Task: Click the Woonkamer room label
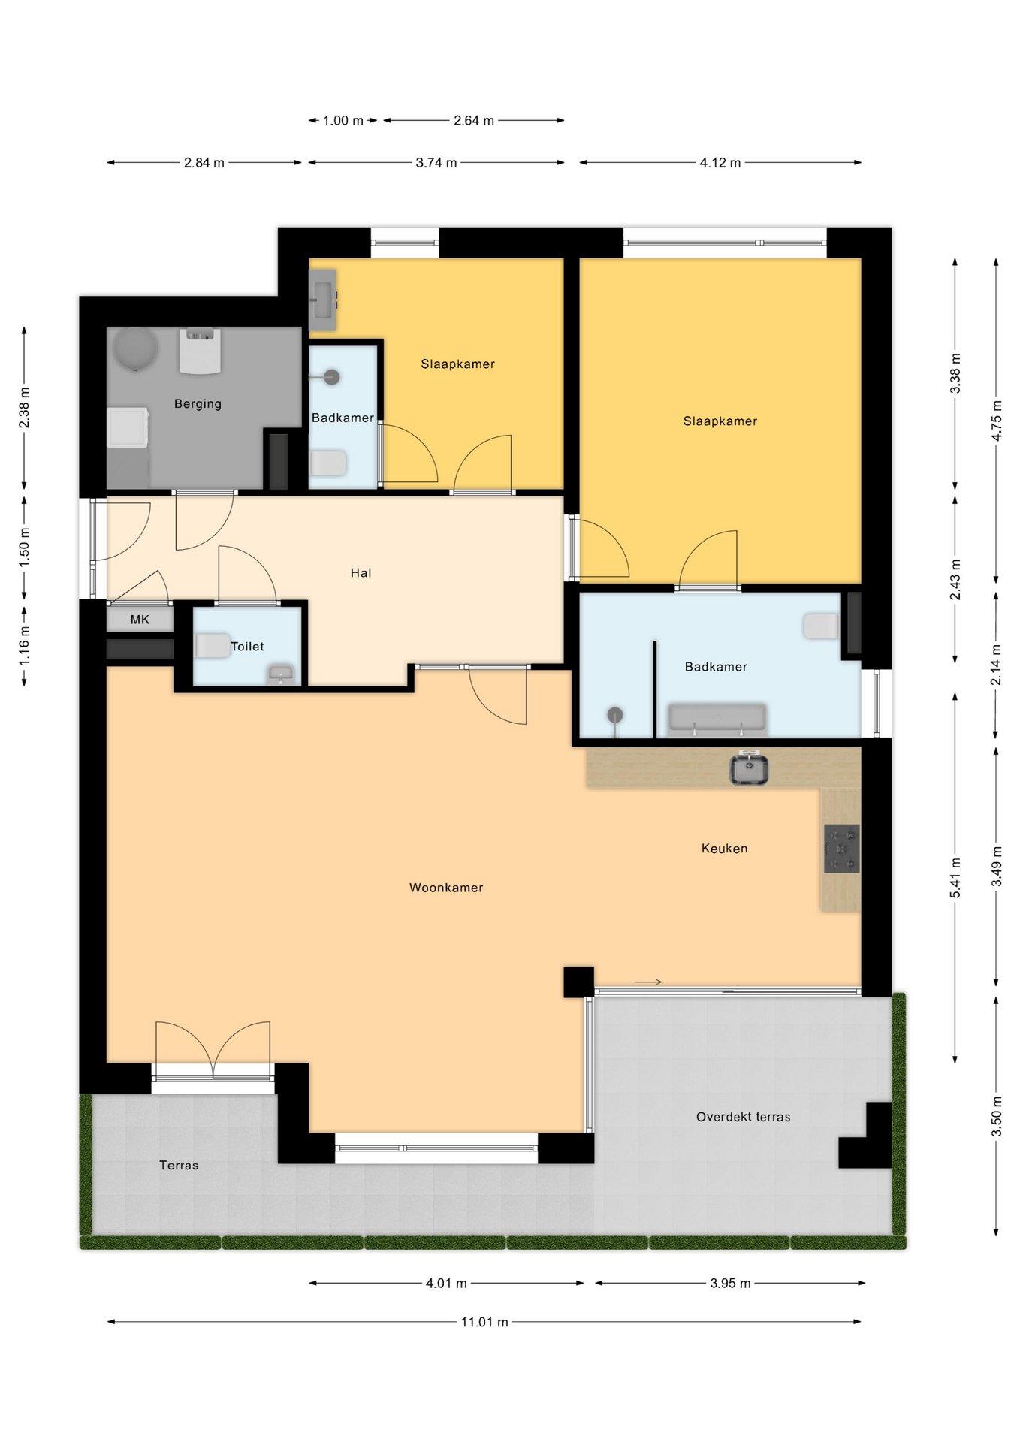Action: click(x=446, y=888)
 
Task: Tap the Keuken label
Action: click(x=724, y=849)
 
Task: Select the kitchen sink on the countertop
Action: click(x=749, y=769)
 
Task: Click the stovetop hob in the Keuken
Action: click(x=842, y=849)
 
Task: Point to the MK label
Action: click(x=140, y=620)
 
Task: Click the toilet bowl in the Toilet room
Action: click(x=213, y=646)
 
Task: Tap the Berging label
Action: click(x=198, y=403)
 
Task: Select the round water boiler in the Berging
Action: click(x=135, y=349)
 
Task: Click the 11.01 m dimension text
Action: click(x=484, y=1322)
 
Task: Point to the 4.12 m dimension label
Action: click(x=720, y=162)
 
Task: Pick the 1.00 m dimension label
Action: click(x=343, y=120)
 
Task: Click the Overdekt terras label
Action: click(x=744, y=1117)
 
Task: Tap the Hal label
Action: click(x=361, y=573)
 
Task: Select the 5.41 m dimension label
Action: click(x=955, y=878)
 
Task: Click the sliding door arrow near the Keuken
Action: click(x=647, y=982)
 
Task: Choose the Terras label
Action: click(x=179, y=1166)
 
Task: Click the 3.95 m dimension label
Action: click(x=730, y=1283)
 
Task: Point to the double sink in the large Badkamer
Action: click(x=717, y=718)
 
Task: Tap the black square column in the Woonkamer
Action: click(x=578, y=982)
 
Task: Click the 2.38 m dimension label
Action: click(x=25, y=408)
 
